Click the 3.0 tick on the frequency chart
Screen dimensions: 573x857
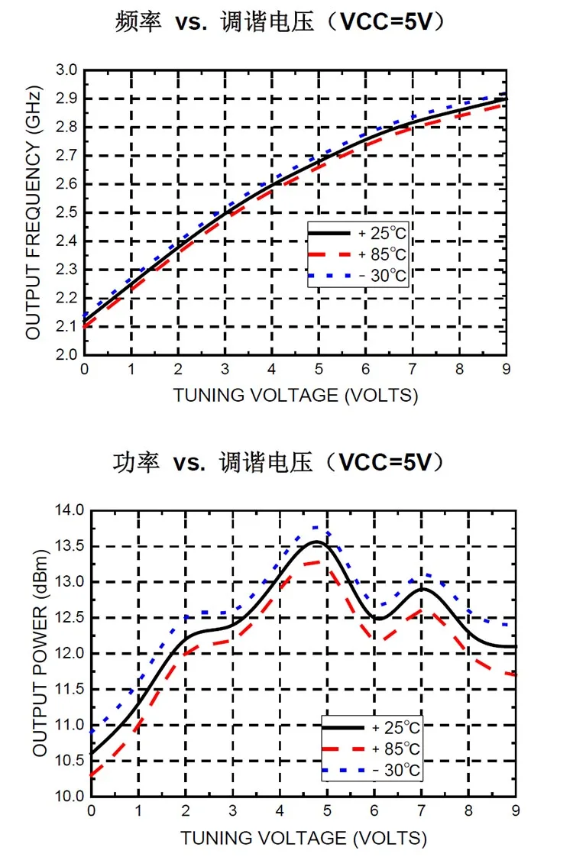pyautogui.click(x=66, y=70)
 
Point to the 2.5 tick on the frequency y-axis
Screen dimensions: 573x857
pyautogui.click(x=66, y=212)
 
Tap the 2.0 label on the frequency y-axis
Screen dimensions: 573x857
pyautogui.click(x=66, y=354)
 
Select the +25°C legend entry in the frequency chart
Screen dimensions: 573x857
pyautogui.click(x=358, y=234)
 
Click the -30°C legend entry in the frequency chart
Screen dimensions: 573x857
pyautogui.click(x=358, y=276)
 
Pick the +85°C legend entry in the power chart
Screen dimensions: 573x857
pyautogui.click(x=371, y=749)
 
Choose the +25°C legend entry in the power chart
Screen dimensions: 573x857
pyautogui.click(x=371, y=727)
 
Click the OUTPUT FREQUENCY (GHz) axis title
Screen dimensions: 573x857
pyautogui.click(x=34, y=212)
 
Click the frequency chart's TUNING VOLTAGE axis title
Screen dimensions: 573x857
pyautogui.click(x=295, y=395)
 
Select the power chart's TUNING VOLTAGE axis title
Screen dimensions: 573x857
pyautogui.click(x=303, y=838)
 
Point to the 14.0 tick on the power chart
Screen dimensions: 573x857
pyautogui.click(x=70, y=510)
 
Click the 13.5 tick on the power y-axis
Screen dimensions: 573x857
pyautogui.click(x=70, y=546)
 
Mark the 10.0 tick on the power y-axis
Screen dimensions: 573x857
pyautogui.click(x=70, y=796)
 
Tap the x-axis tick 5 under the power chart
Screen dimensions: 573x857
pyautogui.click(x=327, y=810)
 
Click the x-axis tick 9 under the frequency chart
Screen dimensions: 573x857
pyautogui.click(x=507, y=370)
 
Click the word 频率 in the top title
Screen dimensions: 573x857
pyautogui.click(x=138, y=22)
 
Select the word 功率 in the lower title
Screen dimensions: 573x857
pyautogui.click(x=137, y=463)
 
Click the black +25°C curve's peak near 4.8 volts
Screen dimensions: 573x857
pyautogui.click(x=316, y=542)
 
